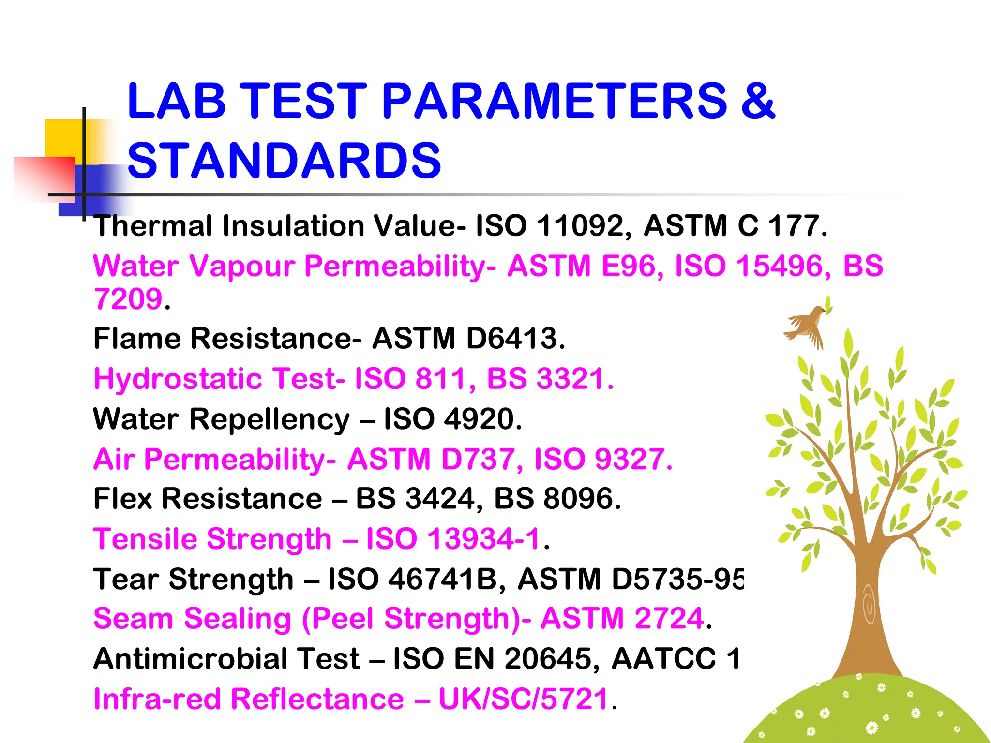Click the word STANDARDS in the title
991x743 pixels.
pyautogui.click(x=284, y=161)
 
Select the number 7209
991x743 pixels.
pyautogui.click(x=128, y=299)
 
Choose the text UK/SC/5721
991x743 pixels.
pyautogui.click(x=523, y=699)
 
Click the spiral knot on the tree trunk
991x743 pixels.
pyautogui.click(x=869, y=605)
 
